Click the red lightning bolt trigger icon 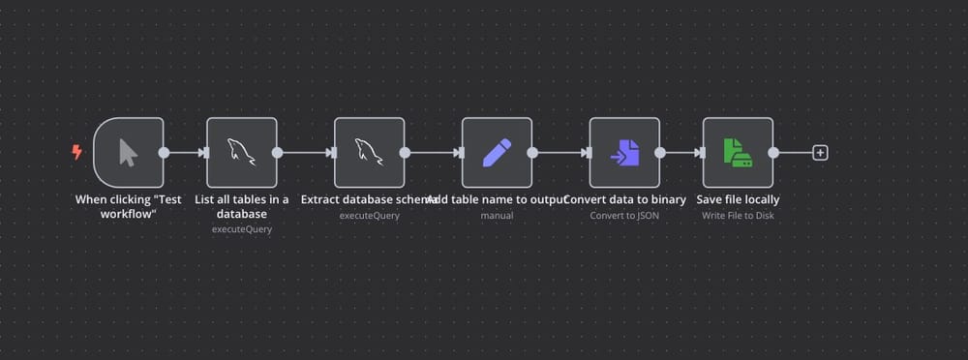[77, 152]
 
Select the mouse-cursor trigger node [129, 152]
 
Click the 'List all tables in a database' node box [242, 152]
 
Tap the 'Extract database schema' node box [369, 152]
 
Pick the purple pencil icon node [497, 152]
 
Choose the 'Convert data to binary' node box [624, 152]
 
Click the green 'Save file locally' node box [738, 152]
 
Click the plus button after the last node [820, 152]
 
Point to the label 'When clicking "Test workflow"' [129, 206]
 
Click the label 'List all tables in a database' [242, 206]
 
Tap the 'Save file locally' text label [738, 199]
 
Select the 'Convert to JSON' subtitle [624, 215]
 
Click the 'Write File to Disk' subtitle [738, 215]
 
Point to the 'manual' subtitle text [497, 215]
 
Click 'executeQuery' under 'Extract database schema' [369, 215]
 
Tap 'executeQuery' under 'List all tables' [242, 229]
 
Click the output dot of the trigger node [164, 152]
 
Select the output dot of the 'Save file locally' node [772, 152]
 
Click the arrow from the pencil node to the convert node [561, 152]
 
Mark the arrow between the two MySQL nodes [306, 152]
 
